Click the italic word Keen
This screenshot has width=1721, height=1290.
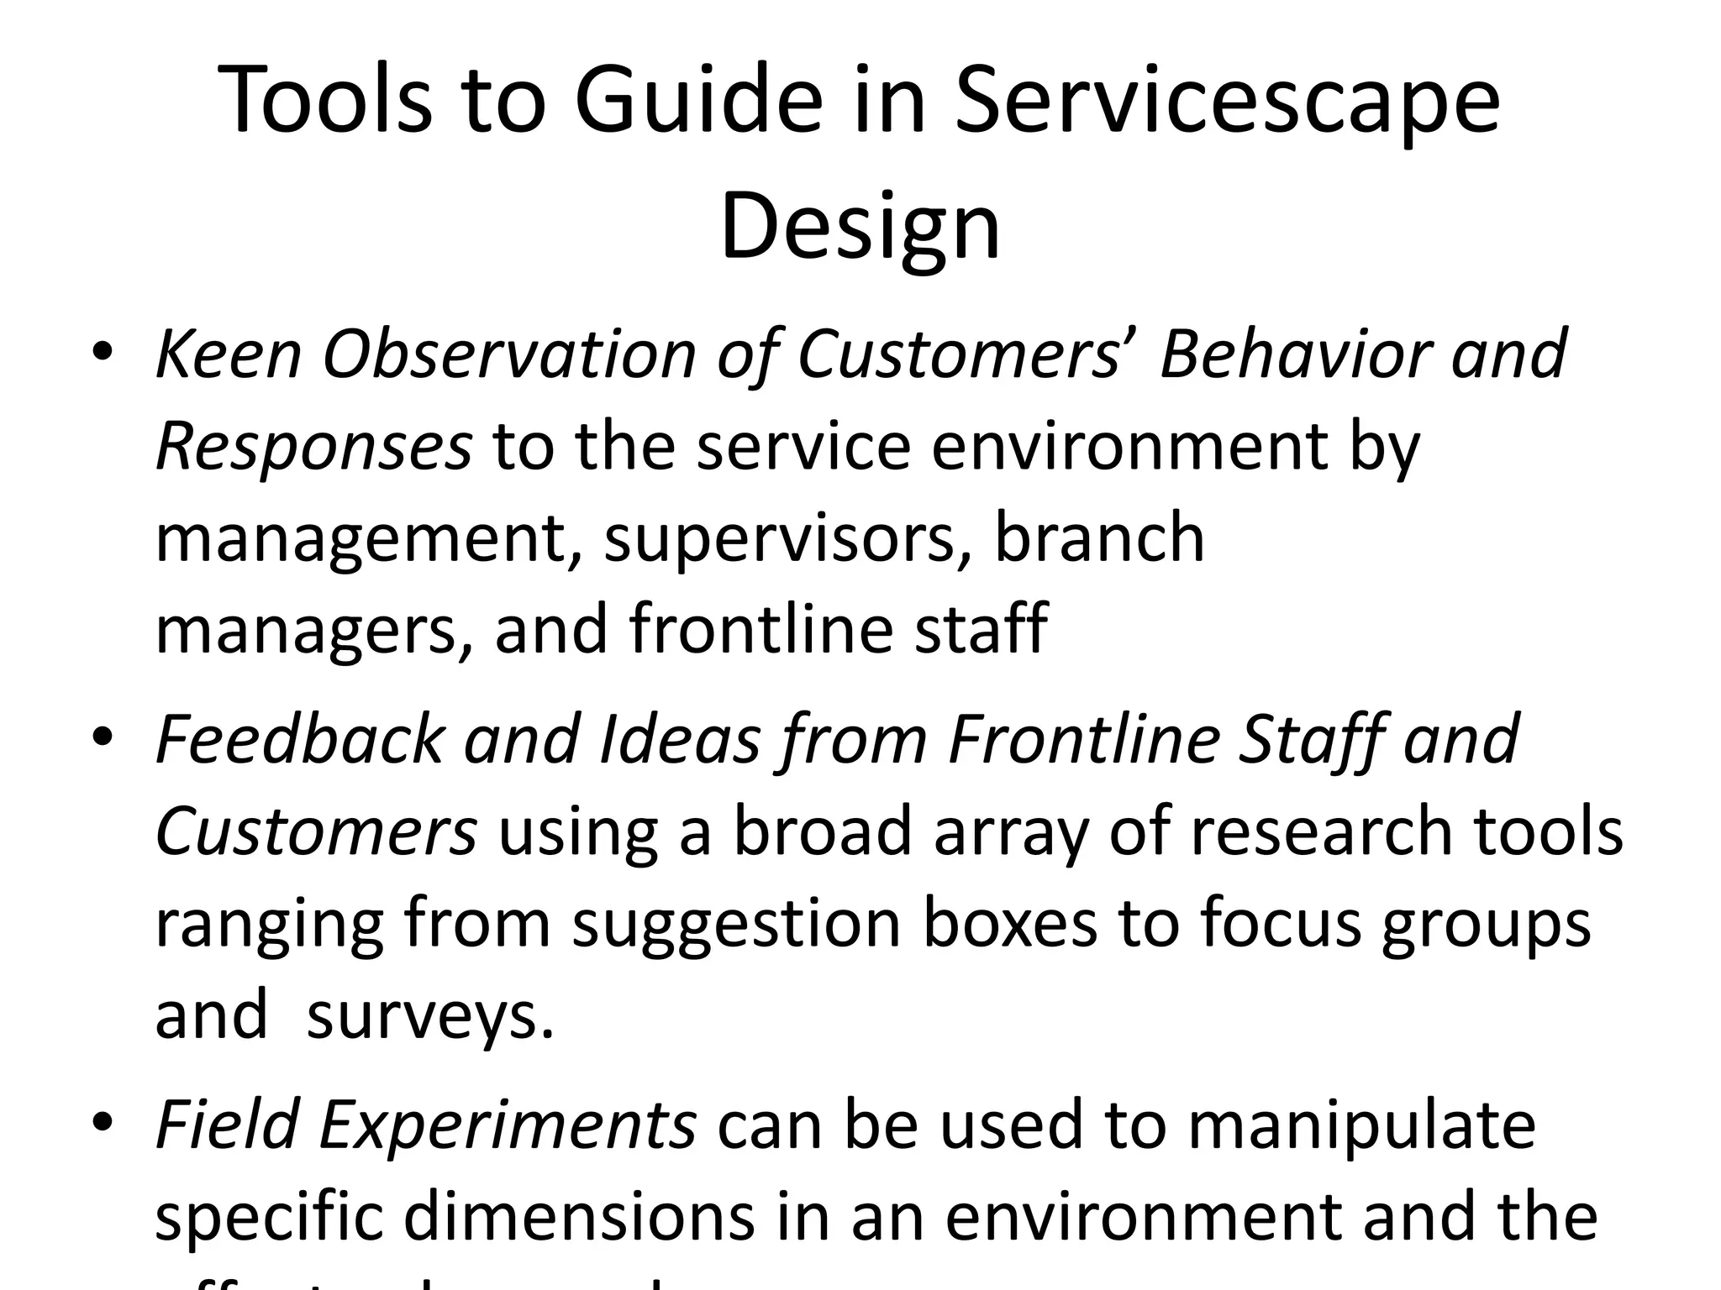pos(229,354)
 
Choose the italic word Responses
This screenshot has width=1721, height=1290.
pos(313,447)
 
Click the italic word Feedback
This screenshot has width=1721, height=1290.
pos(299,739)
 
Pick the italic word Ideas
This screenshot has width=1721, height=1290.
pos(680,739)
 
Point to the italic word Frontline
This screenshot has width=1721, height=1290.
pos(1084,739)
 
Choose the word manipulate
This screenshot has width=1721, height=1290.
pos(1361,1125)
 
